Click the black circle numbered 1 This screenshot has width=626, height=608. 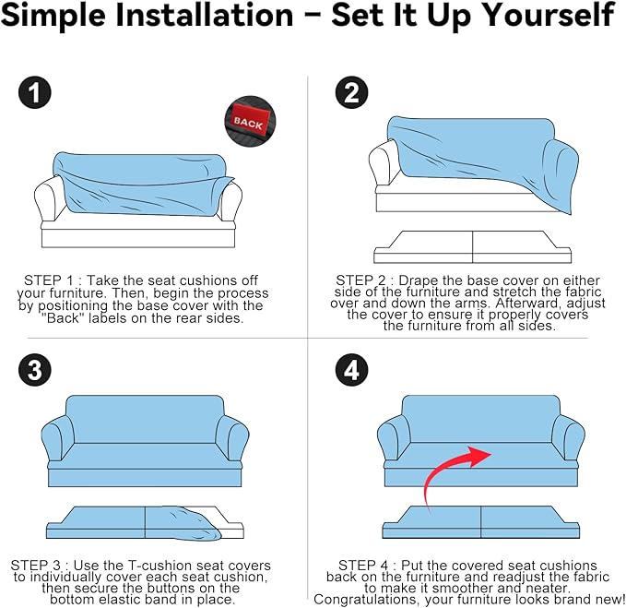(35, 92)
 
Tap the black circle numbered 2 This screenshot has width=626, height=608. (352, 92)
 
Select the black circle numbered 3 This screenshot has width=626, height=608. (35, 370)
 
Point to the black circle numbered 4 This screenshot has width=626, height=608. (352, 370)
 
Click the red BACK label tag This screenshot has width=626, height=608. (249, 120)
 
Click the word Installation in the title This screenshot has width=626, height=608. (204, 15)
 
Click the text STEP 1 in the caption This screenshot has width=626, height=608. (48, 280)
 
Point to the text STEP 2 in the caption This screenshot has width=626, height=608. (360, 280)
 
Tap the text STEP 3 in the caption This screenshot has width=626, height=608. (35, 565)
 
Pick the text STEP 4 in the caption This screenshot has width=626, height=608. (363, 565)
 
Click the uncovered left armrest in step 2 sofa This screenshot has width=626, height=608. (384, 164)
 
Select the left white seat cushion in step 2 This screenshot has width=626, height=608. (423, 247)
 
